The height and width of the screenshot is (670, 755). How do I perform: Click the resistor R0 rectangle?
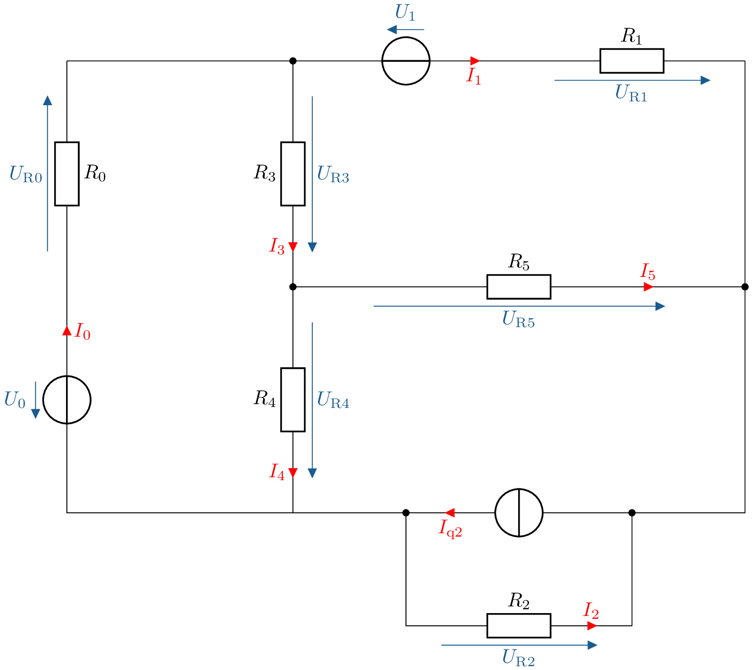tap(67, 174)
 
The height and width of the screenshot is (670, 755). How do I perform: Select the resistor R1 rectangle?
tap(632, 61)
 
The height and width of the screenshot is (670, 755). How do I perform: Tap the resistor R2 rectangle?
tap(519, 626)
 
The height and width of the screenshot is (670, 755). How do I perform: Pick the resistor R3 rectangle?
tap(293, 174)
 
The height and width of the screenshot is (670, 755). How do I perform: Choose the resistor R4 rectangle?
tap(293, 399)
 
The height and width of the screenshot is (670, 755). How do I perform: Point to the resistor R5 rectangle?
tap(519, 286)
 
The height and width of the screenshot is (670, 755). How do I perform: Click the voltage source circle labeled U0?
tap(67, 399)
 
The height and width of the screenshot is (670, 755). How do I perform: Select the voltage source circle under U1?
tap(406, 61)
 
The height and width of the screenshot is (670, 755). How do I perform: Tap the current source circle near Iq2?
tap(519, 513)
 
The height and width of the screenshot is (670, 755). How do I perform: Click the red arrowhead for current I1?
tap(475, 61)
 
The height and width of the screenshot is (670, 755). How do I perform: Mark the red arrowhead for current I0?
tap(67, 330)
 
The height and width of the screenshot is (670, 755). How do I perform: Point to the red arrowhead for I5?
tap(648, 286)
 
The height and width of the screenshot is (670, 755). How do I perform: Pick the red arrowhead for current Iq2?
tap(449, 513)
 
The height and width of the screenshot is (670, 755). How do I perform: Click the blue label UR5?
tap(518, 319)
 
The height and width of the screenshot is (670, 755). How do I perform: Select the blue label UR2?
tap(518, 658)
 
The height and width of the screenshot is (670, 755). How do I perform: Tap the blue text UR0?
tap(25, 174)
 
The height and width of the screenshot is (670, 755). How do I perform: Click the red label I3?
tap(277, 246)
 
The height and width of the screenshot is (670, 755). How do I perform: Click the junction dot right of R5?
tap(744, 286)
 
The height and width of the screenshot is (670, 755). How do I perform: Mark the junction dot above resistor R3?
tap(293, 61)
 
